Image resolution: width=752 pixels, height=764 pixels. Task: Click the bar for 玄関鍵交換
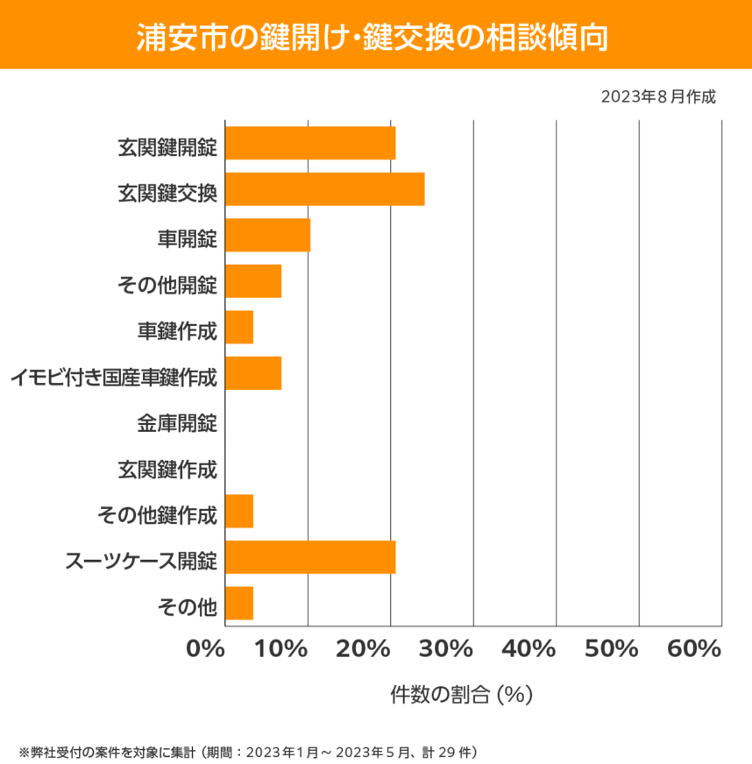click(325, 189)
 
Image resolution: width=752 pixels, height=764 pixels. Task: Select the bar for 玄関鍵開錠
click(310, 143)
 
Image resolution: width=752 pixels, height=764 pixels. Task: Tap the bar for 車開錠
click(268, 235)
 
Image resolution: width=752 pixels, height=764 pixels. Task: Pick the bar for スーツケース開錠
click(310, 557)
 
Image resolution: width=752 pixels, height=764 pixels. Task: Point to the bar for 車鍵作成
click(239, 327)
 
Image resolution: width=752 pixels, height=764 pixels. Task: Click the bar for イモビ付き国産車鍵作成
click(253, 373)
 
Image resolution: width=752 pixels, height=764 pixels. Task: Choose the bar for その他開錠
click(253, 281)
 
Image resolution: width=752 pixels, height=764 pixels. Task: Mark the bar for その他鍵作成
click(239, 511)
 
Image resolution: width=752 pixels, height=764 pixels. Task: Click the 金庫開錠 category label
click(176, 423)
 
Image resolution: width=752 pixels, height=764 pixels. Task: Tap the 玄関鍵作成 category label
click(167, 470)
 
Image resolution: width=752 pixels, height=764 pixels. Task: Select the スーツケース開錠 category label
click(141, 558)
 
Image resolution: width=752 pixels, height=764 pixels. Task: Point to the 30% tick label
click(446, 649)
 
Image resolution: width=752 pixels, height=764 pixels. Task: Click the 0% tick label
click(206, 649)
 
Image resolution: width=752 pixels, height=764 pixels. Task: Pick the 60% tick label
click(693, 649)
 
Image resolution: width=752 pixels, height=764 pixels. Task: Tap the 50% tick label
click(611, 649)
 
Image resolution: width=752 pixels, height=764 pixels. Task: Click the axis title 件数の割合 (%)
click(462, 695)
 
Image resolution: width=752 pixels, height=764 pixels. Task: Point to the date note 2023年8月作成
click(658, 96)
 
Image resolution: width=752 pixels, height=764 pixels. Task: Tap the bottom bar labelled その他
click(239, 604)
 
